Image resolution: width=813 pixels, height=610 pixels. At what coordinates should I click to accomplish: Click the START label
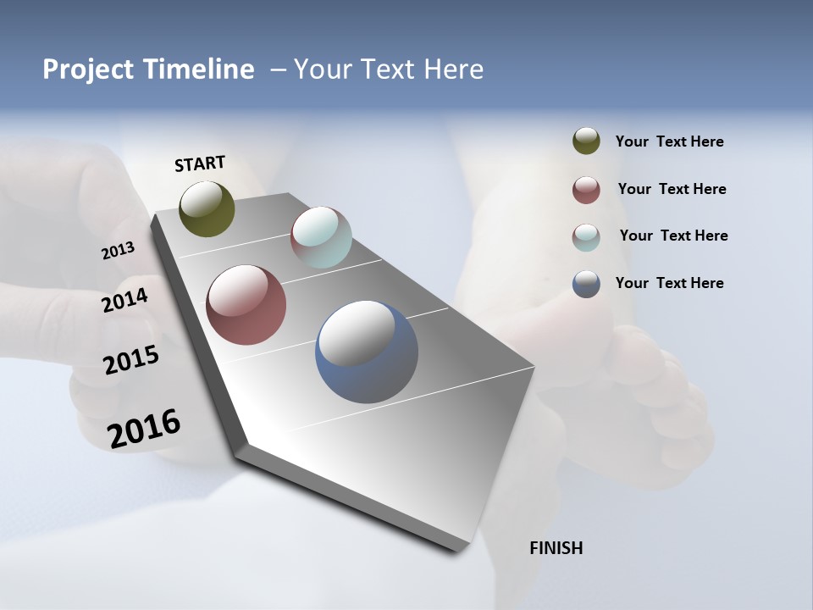(x=200, y=164)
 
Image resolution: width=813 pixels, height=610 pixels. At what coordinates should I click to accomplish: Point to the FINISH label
(x=556, y=548)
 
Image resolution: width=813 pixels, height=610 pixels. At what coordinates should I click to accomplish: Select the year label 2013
(x=118, y=251)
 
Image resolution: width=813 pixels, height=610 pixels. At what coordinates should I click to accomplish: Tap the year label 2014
(x=125, y=300)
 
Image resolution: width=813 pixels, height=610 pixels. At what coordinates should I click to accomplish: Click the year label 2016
(x=144, y=429)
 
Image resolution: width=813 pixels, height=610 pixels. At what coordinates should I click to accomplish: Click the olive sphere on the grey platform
(x=207, y=208)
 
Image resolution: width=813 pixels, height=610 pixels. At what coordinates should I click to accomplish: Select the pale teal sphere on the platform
(x=321, y=237)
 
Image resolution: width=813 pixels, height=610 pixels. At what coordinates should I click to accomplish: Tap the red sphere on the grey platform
(x=246, y=305)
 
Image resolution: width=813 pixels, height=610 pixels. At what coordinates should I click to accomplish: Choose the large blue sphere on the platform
(x=367, y=352)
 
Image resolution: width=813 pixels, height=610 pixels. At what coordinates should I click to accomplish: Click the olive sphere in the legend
(x=586, y=141)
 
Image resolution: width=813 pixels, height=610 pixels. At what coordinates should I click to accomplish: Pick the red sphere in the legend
(x=586, y=190)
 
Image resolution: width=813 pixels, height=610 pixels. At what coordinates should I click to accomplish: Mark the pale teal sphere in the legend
(x=586, y=237)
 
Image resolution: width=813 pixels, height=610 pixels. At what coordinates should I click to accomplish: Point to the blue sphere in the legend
(x=586, y=284)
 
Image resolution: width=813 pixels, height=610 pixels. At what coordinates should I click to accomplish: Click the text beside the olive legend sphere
(x=669, y=141)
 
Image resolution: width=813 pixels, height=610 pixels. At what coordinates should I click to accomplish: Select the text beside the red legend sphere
(x=672, y=189)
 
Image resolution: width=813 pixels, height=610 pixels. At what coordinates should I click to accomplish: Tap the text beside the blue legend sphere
(x=669, y=283)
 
